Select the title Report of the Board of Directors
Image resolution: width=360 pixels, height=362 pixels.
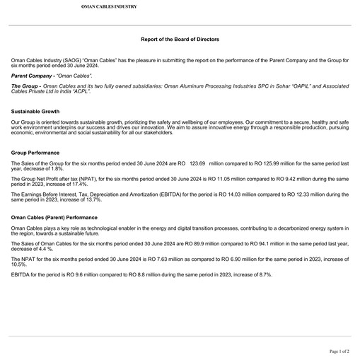click(180, 40)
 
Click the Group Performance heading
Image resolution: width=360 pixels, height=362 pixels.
click(35, 153)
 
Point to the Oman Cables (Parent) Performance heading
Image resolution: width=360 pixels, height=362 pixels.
click(54, 217)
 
